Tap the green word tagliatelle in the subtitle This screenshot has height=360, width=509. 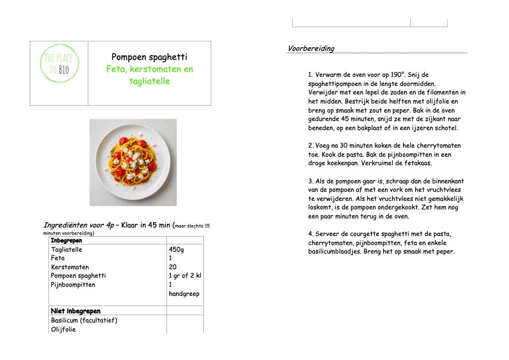point(149,81)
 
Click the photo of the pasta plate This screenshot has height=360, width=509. point(133,162)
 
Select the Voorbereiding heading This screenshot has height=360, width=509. point(311,48)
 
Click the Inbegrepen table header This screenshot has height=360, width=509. point(67,241)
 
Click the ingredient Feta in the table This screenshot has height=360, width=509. point(58,258)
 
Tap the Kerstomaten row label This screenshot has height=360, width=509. point(70,267)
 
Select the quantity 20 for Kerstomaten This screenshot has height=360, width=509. point(172,267)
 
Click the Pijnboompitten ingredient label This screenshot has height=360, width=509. point(73,284)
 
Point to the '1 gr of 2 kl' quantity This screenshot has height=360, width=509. point(185,276)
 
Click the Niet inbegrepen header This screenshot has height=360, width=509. point(75,311)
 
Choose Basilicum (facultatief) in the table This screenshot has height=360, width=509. point(84,320)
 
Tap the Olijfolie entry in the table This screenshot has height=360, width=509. point(64,329)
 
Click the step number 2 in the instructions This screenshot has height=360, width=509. point(310,145)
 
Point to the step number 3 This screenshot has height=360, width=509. point(310,180)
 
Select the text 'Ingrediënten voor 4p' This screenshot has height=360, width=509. point(79,225)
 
